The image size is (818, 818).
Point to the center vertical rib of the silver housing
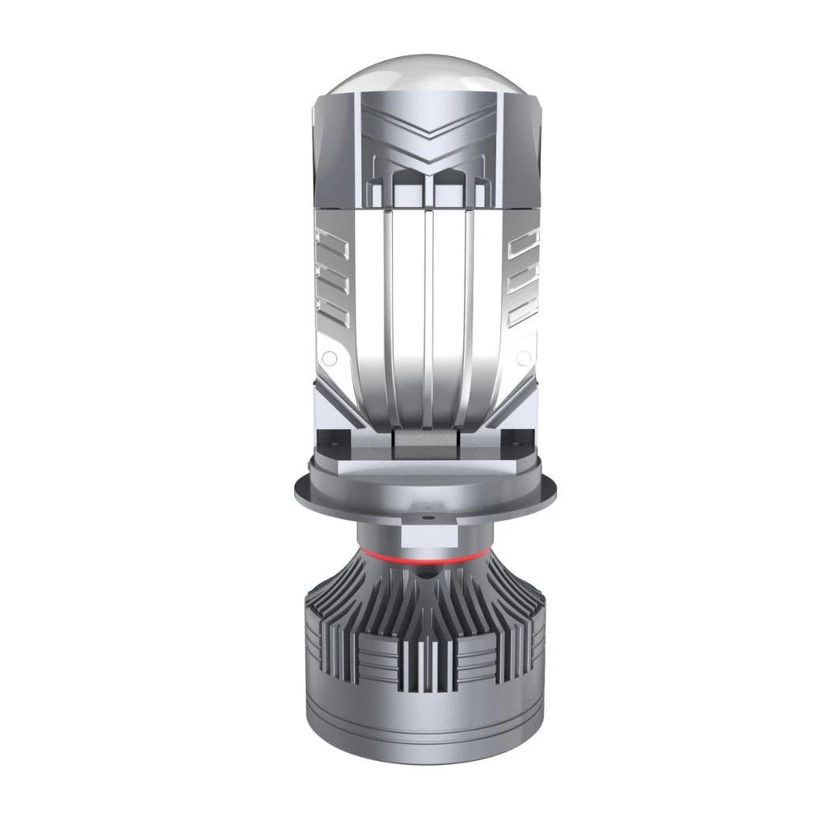pos(428,316)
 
